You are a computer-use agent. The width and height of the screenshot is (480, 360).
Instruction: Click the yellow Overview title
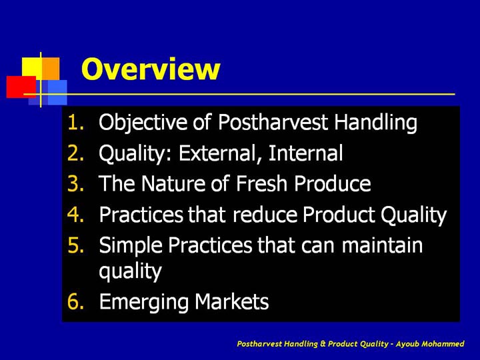[x=151, y=69]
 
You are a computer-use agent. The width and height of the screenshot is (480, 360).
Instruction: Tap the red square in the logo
[x=21, y=87]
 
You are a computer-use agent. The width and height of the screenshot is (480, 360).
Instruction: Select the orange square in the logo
[x=51, y=69]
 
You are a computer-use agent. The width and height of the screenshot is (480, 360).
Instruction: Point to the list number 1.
[x=75, y=122]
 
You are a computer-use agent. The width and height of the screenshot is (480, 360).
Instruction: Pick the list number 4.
[x=75, y=214]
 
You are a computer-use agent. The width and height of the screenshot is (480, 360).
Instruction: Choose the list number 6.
[x=75, y=301]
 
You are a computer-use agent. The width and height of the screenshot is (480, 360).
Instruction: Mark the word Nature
[x=173, y=183]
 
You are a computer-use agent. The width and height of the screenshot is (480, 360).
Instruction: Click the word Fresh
[x=261, y=183]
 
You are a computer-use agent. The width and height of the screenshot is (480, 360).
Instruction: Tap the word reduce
[x=265, y=214]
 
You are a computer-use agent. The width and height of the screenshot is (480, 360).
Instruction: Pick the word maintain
[x=382, y=245]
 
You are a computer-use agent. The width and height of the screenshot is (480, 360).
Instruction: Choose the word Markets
[x=231, y=301]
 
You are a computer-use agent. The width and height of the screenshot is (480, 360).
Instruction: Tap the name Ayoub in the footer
[x=407, y=344]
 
